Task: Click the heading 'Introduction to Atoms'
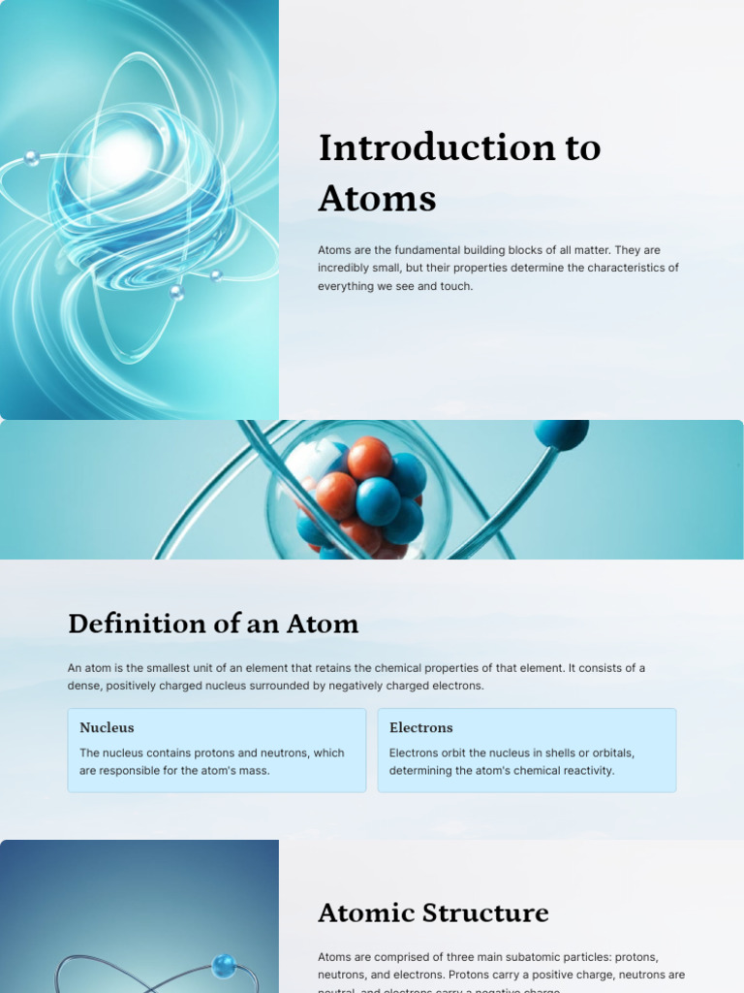click(x=459, y=173)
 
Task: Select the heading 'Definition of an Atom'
click(x=213, y=624)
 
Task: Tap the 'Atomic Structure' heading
click(x=433, y=913)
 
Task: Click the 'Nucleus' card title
click(x=107, y=727)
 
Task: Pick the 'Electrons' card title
click(x=421, y=727)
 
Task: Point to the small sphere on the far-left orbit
click(x=32, y=158)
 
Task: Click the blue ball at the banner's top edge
click(x=561, y=432)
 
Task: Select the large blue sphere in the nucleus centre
click(x=378, y=500)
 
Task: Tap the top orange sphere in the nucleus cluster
click(x=369, y=457)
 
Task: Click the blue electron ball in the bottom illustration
click(x=224, y=966)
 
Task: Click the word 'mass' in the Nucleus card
click(x=254, y=771)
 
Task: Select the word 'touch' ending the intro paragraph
click(x=455, y=286)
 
